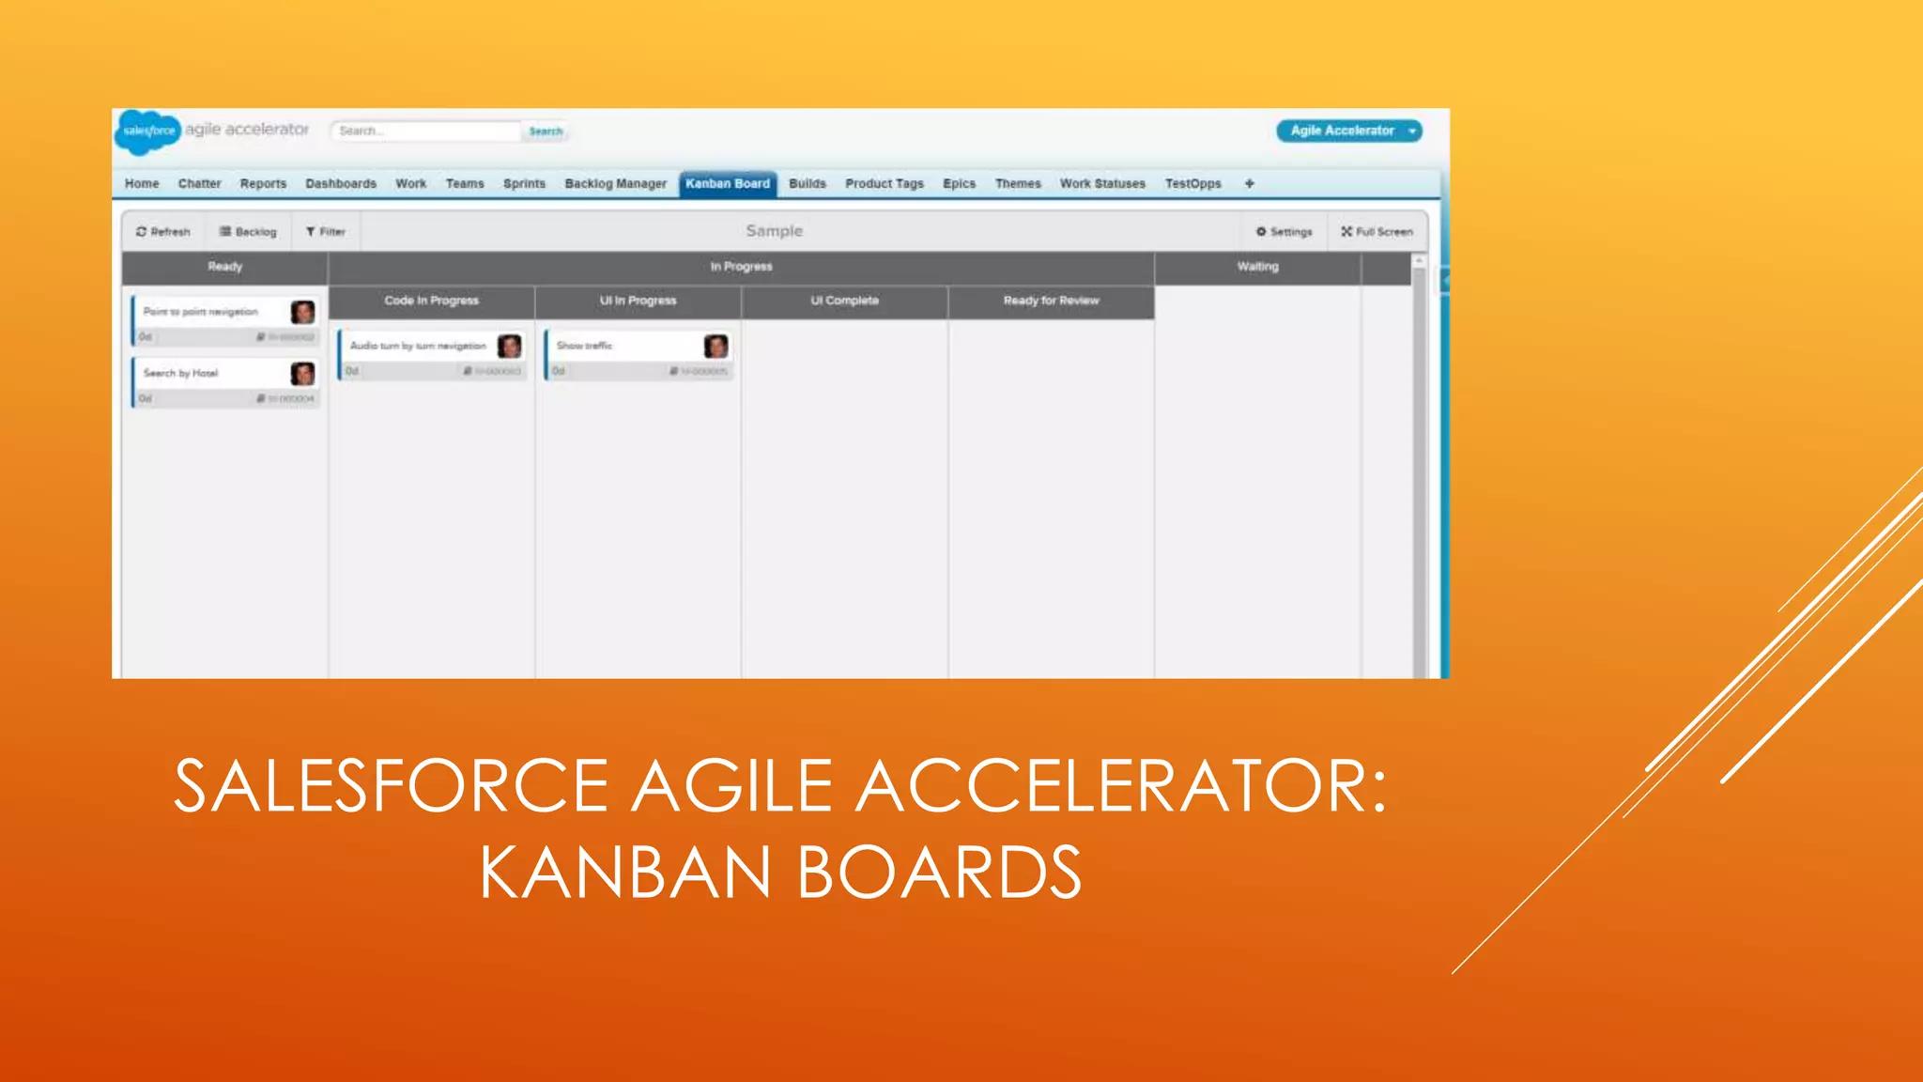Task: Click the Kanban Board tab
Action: pos(728,184)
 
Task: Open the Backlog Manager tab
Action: pos(615,184)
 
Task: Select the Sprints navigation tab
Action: pos(524,184)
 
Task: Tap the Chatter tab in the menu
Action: pos(199,184)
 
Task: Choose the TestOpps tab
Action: pos(1192,184)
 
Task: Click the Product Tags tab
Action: pos(884,184)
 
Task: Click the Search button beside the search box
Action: pos(546,131)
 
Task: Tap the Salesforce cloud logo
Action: pos(148,131)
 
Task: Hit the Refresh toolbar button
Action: pos(163,232)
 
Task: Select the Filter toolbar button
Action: pos(326,232)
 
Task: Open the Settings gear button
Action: pos(1285,232)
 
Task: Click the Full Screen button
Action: pos(1377,232)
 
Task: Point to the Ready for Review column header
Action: pos(1051,301)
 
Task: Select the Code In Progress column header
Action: pos(431,301)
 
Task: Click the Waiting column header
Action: pos(1257,267)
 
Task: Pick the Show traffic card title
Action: pos(584,346)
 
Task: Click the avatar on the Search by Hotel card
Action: pos(302,374)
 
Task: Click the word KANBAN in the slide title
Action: pos(625,873)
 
